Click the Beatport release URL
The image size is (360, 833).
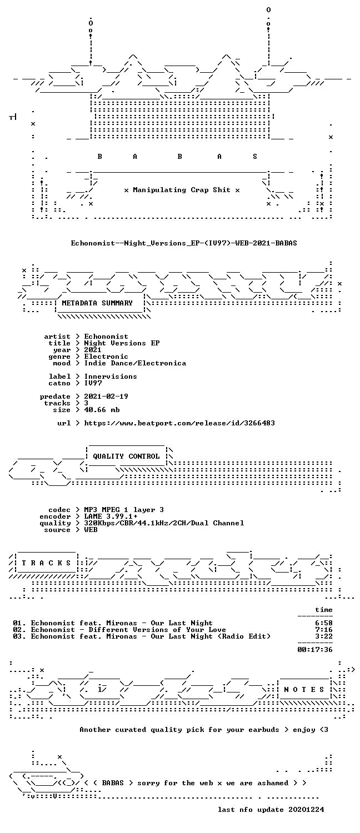point(179,423)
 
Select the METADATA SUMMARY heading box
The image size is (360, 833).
point(99,303)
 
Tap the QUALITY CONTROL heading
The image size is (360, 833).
point(126,456)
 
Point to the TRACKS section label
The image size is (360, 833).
point(46,563)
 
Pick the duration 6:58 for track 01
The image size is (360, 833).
point(323,623)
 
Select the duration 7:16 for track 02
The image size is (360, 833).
point(323,630)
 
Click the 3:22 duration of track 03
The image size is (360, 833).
point(323,636)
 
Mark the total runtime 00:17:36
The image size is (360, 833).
point(314,650)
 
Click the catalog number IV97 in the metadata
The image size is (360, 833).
point(93,383)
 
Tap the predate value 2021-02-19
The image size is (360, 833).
point(106,397)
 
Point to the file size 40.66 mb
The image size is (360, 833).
point(102,410)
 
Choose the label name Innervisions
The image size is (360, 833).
point(111,377)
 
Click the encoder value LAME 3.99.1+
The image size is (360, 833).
point(111,516)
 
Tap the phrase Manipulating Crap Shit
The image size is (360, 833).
point(182,190)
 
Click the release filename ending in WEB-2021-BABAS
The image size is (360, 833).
point(184,243)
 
